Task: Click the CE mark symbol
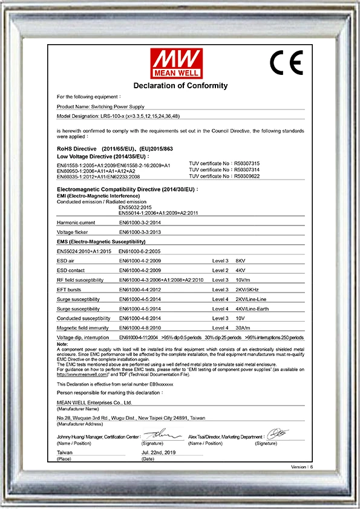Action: (283, 62)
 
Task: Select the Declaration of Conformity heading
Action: (180, 86)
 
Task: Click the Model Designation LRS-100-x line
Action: (118, 115)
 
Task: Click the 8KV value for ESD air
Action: (241, 260)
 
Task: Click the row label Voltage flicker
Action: (74, 232)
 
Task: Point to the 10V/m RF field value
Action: (244, 280)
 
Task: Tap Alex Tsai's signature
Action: (278, 433)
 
